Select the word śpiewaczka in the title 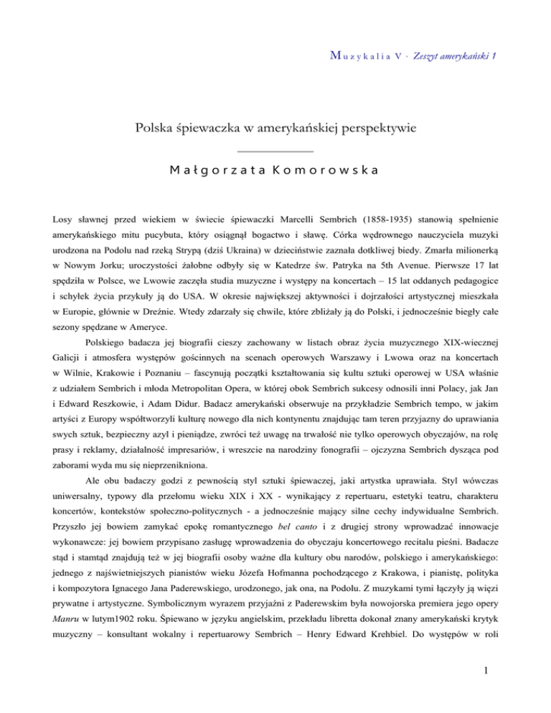pyautogui.click(x=207, y=109)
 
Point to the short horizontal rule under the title pyautogui.click(x=275, y=130)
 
